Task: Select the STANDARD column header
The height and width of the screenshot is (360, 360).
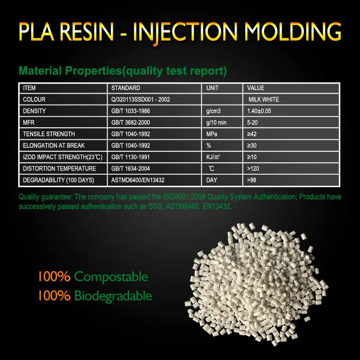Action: click(x=126, y=88)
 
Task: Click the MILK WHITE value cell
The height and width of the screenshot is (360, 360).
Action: click(x=264, y=100)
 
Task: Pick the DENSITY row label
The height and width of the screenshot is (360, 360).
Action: click(x=35, y=111)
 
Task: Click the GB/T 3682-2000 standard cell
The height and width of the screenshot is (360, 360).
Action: click(x=130, y=123)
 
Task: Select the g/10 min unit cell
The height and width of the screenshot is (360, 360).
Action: click(x=216, y=123)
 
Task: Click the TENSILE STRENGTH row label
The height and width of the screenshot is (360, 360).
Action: click(x=49, y=134)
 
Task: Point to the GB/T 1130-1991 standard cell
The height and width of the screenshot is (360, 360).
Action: click(x=130, y=157)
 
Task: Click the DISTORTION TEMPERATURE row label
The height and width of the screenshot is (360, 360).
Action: click(x=60, y=168)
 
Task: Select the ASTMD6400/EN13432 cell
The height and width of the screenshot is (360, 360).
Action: click(x=138, y=180)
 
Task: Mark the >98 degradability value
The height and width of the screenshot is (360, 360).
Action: click(x=253, y=180)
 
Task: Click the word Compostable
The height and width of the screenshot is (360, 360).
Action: click(x=111, y=277)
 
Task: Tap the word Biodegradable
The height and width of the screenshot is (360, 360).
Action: click(x=113, y=296)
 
